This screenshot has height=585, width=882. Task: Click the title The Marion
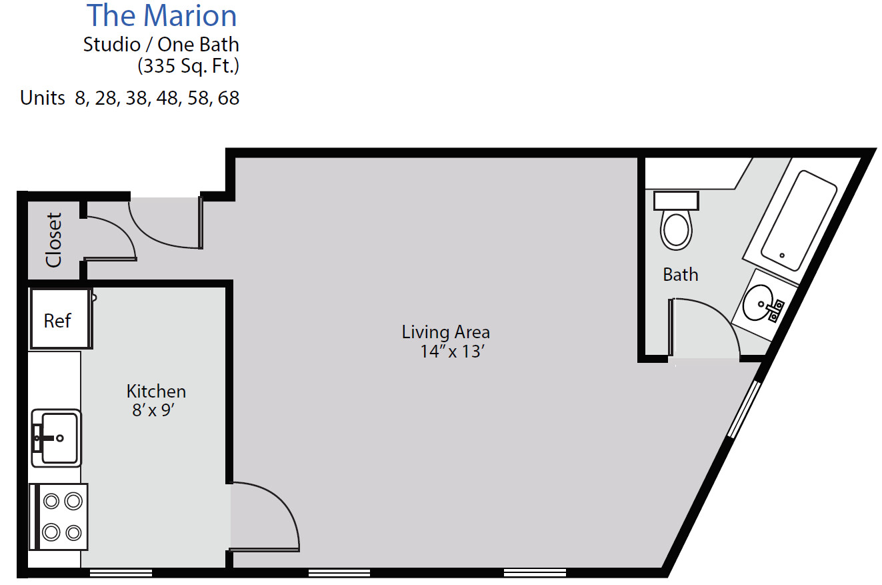(161, 16)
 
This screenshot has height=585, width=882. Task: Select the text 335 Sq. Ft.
(188, 66)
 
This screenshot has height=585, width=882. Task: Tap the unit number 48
(167, 98)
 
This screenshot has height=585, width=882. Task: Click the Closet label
(54, 239)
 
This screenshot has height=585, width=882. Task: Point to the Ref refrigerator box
(59, 320)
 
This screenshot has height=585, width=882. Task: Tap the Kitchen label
(156, 391)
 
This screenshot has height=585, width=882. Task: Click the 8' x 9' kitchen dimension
(153, 410)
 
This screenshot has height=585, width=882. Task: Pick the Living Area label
(445, 332)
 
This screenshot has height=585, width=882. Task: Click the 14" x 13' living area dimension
(451, 352)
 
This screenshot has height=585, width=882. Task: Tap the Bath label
(680, 274)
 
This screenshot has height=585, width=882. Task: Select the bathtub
(798, 219)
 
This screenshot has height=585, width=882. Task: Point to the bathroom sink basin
(759, 304)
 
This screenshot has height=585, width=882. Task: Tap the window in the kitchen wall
(121, 572)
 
